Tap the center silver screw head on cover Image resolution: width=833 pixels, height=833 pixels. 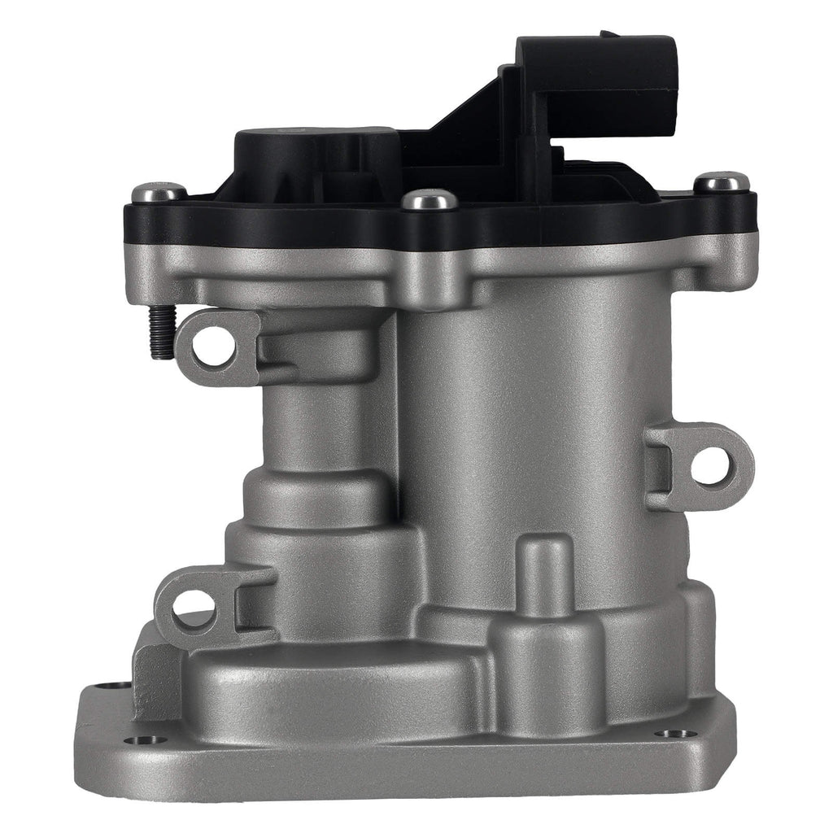point(429,198)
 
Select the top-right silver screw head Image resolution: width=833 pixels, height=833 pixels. point(722,181)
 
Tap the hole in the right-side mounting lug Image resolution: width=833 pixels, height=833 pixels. point(710,465)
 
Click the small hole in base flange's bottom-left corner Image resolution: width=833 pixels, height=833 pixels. point(147,740)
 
